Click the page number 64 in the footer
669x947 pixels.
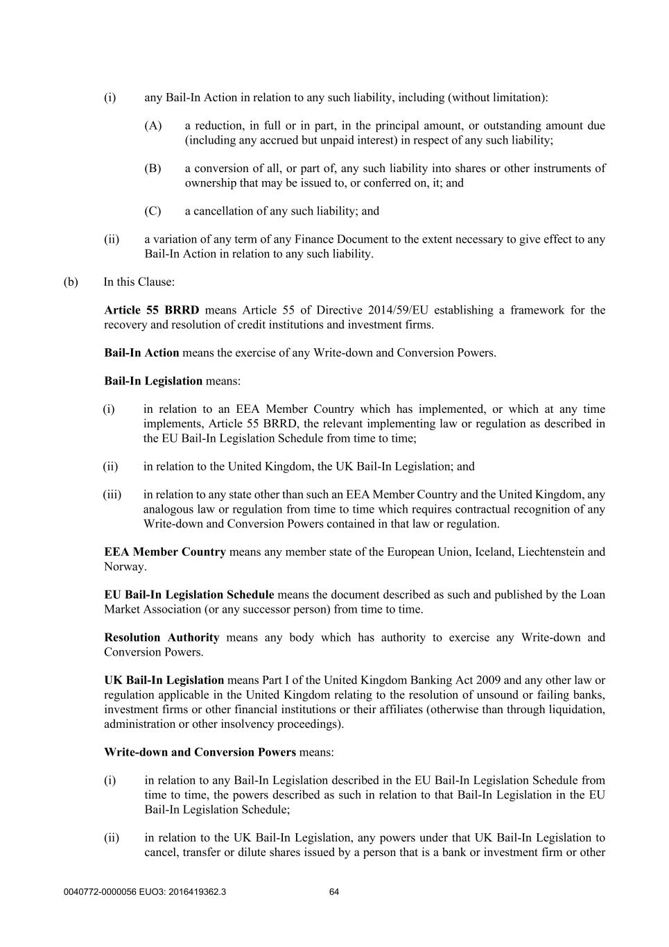click(x=334, y=892)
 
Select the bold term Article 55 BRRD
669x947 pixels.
click(x=151, y=310)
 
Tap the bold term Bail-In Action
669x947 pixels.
click(x=141, y=352)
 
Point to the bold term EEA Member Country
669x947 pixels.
click(x=165, y=552)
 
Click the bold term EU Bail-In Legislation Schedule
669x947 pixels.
click(x=189, y=595)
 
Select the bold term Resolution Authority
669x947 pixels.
click(x=162, y=638)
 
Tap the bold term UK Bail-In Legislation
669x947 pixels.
click(x=164, y=681)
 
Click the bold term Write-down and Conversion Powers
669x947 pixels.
click(x=200, y=752)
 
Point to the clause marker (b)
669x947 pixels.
click(x=71, y=282)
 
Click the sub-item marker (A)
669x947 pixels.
click(x=153, y=126)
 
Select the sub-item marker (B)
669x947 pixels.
click(x=153, y=169)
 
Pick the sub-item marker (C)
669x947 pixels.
click(x=153, y=211)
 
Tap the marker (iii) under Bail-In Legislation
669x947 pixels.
click(x=112, y=495)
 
